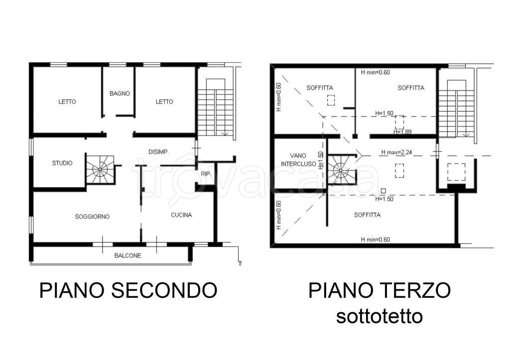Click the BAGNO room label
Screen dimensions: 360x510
click(x=120, y=93)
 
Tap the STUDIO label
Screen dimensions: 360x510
click(x=62, y=163)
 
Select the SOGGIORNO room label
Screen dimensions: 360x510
click(x=92, y=217)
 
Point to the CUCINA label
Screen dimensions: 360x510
click(x=181, y=215)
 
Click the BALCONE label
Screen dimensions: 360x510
click(x=127, y=256)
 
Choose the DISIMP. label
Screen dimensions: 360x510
click(x=159, y=151)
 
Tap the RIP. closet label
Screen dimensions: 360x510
click(x=205, y=174)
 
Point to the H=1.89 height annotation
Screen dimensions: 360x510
click(x=403, y=132)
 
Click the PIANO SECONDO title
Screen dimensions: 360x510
click(x=128, y=290)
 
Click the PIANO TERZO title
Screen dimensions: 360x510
click(x=380, y=290)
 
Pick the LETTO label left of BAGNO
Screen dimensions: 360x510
click(x=67, y=102)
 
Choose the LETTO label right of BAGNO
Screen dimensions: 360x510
click(x=164, y=102)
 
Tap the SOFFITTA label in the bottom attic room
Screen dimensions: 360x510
click(x=368, y=215)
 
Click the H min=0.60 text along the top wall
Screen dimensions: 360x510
click(x=376, y=72)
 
